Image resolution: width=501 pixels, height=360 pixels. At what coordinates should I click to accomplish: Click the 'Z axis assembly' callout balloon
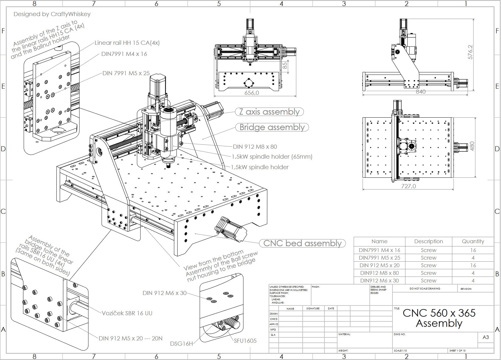(269, 112)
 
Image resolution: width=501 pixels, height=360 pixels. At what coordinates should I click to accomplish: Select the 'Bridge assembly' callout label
(272, 127)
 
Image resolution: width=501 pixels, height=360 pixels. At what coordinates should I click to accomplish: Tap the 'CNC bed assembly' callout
(302, 244)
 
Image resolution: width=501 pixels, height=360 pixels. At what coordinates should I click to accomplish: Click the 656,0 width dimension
(252, 93)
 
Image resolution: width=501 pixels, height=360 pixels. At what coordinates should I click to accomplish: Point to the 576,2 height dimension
(470, 52)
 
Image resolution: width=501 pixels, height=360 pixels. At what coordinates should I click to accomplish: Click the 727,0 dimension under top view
(408, 186)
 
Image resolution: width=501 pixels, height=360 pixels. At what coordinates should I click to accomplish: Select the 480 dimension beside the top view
(472, 146)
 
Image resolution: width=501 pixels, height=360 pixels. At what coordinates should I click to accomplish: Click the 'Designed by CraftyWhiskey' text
(52, 14)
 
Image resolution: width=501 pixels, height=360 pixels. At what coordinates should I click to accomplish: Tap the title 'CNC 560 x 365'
(439, 313)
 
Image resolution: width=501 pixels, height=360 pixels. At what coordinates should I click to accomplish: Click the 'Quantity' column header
(473, 241)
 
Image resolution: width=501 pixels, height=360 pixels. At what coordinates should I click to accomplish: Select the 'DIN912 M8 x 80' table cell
(379, 273)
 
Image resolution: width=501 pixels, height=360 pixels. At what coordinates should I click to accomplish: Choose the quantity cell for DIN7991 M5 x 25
(473, 258)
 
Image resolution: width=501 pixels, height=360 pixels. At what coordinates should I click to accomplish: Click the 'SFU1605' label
(245, 341)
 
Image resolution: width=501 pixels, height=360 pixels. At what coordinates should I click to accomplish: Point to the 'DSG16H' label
(181, 344)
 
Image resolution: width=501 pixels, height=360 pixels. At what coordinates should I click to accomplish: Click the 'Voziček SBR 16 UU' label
(127, 313)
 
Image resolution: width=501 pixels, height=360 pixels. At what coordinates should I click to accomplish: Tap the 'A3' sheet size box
(485, 337)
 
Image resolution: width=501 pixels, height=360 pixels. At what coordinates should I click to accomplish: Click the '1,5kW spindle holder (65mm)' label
(272, 157)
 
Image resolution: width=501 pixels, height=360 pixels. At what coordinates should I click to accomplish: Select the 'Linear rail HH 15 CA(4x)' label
(127, 43)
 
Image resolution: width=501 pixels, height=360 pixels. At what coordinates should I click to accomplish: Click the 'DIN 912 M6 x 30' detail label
(164, 293)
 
